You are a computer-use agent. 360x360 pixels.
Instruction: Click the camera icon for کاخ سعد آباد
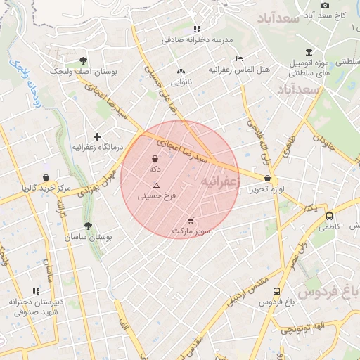coord(325,5)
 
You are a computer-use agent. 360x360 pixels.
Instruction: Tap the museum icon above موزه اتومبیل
coord(309,52)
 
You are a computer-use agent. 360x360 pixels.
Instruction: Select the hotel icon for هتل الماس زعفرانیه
coord(240,58)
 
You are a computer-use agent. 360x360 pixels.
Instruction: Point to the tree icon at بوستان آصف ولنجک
coord(84,60)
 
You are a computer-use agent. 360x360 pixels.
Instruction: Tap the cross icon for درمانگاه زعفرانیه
coord(97,136)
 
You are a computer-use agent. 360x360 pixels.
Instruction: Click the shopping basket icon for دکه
coord(155,159)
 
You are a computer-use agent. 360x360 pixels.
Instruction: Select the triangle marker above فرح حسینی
coord(156,186)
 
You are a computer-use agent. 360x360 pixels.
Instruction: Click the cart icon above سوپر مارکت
coord(191,221)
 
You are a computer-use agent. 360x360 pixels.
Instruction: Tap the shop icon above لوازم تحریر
coord(268,179)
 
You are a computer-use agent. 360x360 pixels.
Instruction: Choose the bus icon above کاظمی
coord(329,216)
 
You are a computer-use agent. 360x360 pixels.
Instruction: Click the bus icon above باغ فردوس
coord(276,291)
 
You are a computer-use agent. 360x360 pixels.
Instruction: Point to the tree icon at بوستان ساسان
coord(88,226)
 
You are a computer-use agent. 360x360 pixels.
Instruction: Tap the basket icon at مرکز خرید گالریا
coord(46,177)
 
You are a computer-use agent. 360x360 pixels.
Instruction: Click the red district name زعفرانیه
coord(221,181)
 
